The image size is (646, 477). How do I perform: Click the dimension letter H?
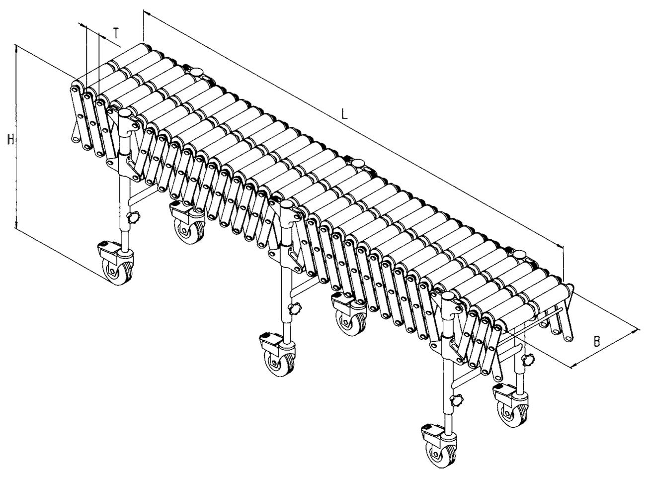[x=10, y=140]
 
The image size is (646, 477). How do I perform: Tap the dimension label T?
[x=115, y=33]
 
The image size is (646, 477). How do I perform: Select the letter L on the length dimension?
[x=344, y=114]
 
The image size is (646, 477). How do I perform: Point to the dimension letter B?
[x=597, y=341]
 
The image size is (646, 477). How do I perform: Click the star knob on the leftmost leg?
[x=134, y=216]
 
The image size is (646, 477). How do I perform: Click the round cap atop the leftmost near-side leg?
[x=125, y=113]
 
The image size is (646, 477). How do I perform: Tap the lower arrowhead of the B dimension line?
[x=574, y=366]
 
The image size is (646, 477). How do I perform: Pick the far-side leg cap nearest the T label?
[x=197, y=71]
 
